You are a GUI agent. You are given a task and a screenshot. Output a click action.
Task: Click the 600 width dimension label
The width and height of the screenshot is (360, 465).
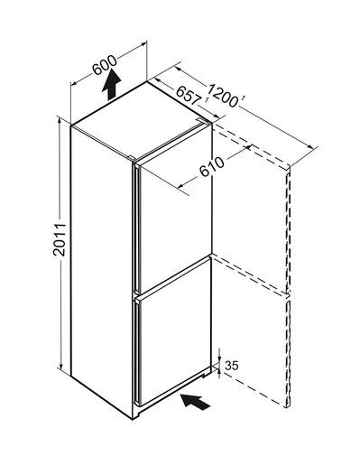(105, 65)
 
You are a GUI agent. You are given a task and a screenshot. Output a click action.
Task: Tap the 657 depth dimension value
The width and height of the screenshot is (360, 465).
(189, 96)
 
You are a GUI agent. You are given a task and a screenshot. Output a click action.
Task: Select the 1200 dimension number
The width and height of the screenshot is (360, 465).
(224, 96)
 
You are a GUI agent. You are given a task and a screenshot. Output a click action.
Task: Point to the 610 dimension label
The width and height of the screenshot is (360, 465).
(212, 167)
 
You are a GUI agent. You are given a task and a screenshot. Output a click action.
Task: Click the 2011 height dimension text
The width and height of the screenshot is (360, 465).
(60, 239)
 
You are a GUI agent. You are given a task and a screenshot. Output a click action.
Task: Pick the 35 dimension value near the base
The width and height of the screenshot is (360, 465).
(232, 366)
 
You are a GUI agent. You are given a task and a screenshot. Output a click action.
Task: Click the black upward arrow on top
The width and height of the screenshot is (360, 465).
(111, 84)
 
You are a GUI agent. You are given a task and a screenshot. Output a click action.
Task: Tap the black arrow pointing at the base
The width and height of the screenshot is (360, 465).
(195, 402)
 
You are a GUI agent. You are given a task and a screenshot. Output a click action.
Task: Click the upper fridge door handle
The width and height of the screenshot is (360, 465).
(137, 228)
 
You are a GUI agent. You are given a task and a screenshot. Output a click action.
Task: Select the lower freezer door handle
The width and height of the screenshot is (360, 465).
(138, 352)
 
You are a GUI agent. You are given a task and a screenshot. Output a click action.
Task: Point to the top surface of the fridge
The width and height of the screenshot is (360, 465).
(142, 119)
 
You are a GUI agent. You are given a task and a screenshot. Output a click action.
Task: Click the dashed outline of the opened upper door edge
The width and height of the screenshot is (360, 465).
(288, 228)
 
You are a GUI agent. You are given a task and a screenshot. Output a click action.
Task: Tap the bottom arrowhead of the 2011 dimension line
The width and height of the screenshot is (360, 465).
(60, 367)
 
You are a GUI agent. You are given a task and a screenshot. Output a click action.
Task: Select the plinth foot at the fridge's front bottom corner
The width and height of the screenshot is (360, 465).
(137, 415)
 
